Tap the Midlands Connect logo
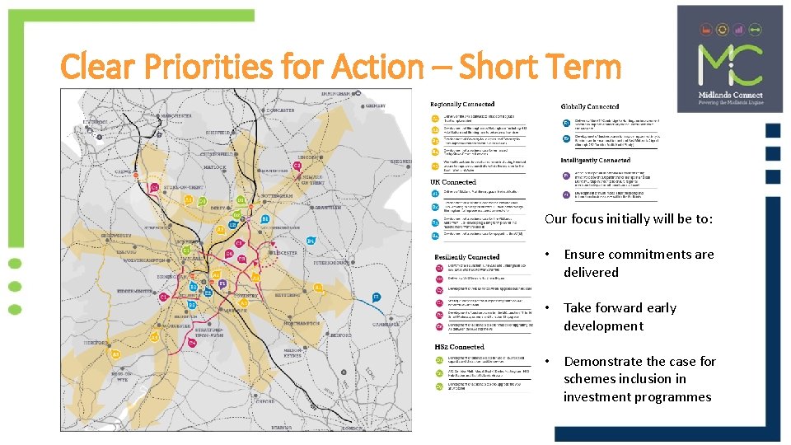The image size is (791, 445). tap(730, 59)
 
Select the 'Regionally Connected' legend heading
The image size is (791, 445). tap(462, 105)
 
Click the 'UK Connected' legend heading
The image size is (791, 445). tap(454, 182)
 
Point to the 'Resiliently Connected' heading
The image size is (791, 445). tap(466, 257)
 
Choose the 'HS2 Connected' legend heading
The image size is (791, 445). tap(459, 347)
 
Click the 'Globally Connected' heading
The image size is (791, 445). tap(590, 106)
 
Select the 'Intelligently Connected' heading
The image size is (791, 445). tap(596, 161)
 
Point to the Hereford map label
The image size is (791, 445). tap(98, 342)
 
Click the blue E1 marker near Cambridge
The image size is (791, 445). tap(376, 297)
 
